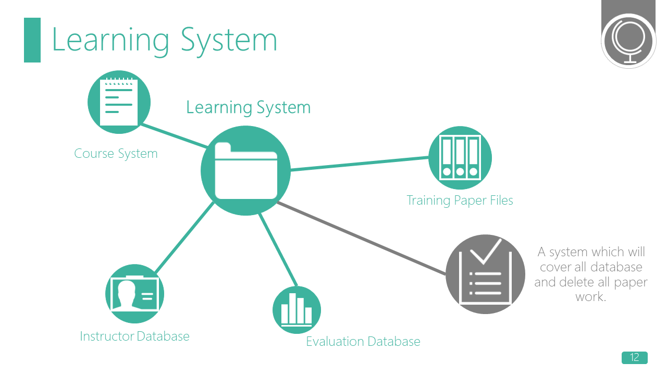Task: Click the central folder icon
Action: (245, 171)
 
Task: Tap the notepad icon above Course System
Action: (119, 102)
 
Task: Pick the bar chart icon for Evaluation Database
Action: (297, 310)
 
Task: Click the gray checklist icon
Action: (485, 274)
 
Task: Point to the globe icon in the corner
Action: (628, 40)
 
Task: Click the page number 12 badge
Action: (634, 358)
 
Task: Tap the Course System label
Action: (116, 154)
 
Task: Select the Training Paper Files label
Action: (460, 201)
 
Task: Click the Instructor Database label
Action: (134, 336)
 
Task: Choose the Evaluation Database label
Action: (363, 342)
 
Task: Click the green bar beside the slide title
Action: (32, 40)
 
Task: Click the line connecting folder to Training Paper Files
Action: (360, 164)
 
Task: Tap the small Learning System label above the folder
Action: (248, 108)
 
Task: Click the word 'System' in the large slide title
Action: (229, 40)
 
